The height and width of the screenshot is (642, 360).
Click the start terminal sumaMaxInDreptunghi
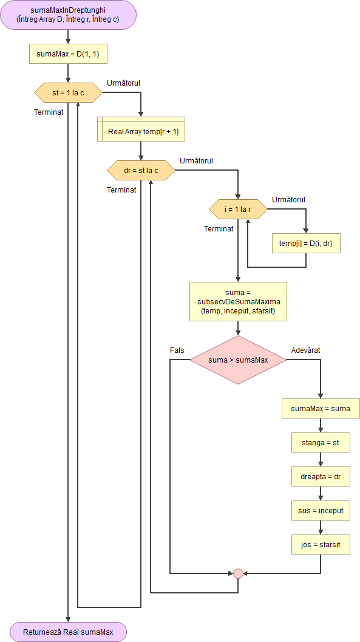(x=68, y=15)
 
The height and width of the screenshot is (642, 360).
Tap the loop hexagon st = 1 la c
(x=68, y=92)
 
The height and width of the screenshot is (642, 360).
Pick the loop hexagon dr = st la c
(x=141, y=171)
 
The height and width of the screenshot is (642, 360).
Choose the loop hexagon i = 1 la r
(x=238, y=210)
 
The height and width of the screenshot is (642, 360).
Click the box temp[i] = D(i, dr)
(x=305, y=243)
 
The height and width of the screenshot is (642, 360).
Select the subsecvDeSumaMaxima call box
(x=238, y=301)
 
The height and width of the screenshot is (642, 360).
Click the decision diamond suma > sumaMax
(x=238, y=360)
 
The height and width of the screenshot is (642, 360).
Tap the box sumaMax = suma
(x=321, y=409)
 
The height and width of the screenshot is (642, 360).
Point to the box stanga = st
(x=321, y=443)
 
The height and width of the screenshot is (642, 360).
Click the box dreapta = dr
(x=321, y=477)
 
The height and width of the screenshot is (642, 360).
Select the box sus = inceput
(x=321, y=511)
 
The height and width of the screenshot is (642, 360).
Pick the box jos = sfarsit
(x=321, y=545)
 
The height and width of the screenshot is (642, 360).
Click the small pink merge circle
(x=238, y=573)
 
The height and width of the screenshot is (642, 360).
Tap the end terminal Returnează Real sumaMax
(x=68, y=632)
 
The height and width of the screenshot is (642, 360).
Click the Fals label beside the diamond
(x=177, y=350)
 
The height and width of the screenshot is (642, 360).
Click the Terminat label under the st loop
(x=49, y=112)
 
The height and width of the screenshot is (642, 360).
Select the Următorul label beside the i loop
(x=288, y=199)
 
